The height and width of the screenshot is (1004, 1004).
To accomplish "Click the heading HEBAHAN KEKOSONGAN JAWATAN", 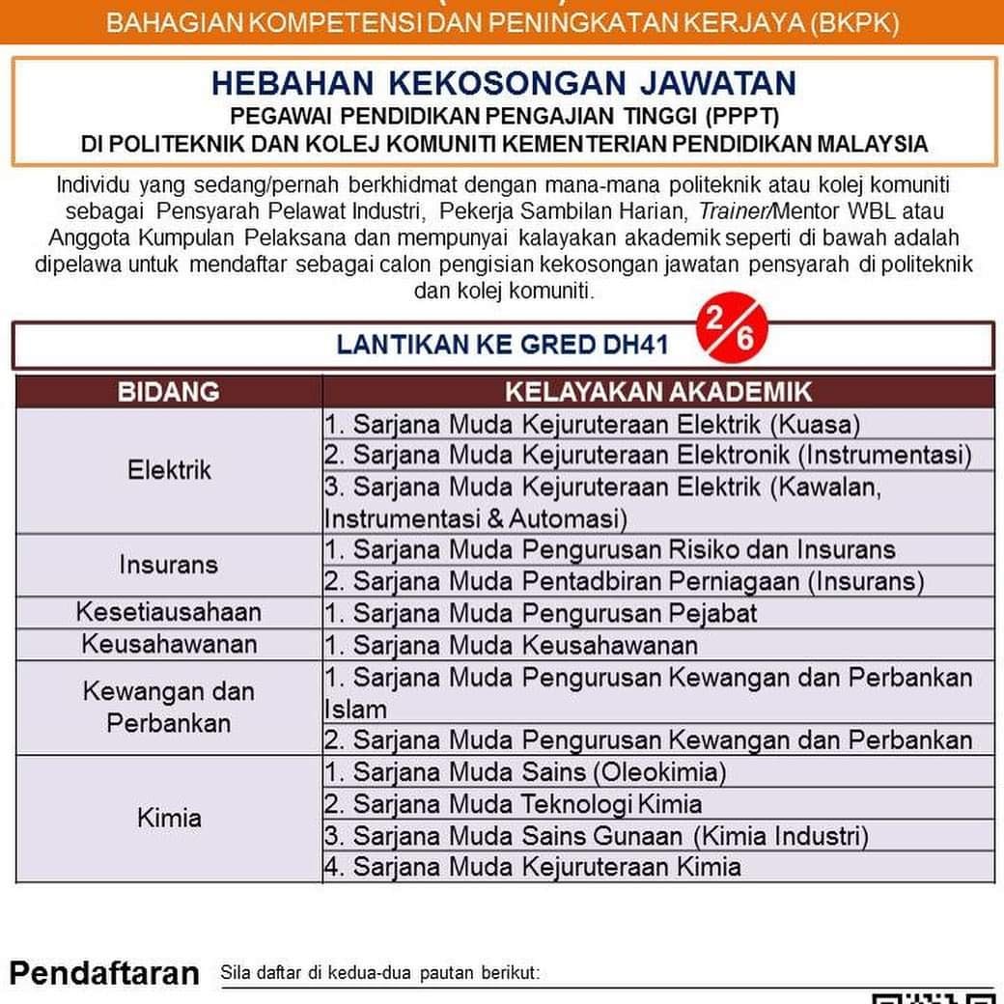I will coord(503,82).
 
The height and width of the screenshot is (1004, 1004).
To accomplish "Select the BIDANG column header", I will coord(169,392).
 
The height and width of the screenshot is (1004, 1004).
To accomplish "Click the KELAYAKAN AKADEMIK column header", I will coord(658,392).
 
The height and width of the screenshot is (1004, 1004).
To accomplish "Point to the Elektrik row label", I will coord(169,470).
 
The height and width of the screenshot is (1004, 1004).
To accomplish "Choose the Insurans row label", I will coord(169,564).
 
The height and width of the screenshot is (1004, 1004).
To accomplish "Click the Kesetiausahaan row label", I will coord(169,612).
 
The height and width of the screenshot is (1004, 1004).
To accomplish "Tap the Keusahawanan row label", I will coord(169,644).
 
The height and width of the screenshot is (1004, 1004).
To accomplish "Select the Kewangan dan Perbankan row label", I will coord(169,707).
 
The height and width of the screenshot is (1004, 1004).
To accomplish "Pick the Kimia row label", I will coord(169,819).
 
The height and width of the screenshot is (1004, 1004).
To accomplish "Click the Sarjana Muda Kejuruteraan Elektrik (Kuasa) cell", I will coord(592,424).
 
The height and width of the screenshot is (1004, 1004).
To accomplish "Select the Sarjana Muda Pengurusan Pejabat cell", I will coord(541,612).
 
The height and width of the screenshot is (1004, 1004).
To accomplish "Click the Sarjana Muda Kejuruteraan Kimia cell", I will coord(533,866).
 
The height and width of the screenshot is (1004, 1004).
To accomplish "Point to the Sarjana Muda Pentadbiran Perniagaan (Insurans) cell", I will coord(624,581).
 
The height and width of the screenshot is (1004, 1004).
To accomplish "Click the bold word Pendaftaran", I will coord(104,973).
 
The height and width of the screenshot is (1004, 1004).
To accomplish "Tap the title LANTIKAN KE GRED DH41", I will coord(502,345).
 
